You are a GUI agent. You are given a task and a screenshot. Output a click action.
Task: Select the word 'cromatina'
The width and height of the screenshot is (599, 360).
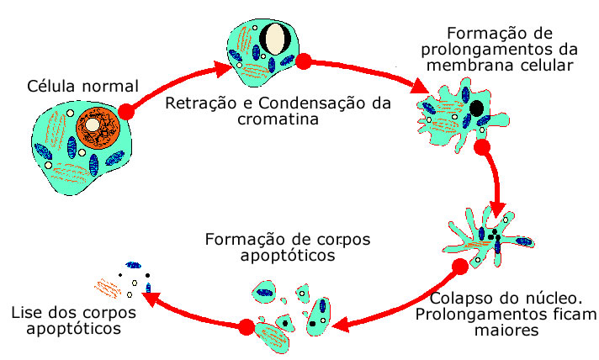coord(271,119)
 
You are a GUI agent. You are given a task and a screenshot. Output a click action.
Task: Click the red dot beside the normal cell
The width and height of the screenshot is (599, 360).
coord(126,111)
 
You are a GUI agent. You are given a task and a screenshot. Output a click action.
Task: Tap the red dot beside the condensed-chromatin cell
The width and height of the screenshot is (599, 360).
coord(305,61)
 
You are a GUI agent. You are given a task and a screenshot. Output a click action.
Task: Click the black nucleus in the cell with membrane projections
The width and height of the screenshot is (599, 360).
coord(477,109)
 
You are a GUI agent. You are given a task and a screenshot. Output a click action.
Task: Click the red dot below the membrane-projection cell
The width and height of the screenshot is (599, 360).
coord(482,148)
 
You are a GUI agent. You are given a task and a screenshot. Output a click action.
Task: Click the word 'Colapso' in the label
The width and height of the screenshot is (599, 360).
coord(459,299)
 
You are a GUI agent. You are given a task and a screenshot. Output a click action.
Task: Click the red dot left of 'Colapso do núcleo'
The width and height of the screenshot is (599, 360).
coord(459,267)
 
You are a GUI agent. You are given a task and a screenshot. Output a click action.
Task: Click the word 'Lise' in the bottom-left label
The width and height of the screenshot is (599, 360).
coord(26,314)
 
